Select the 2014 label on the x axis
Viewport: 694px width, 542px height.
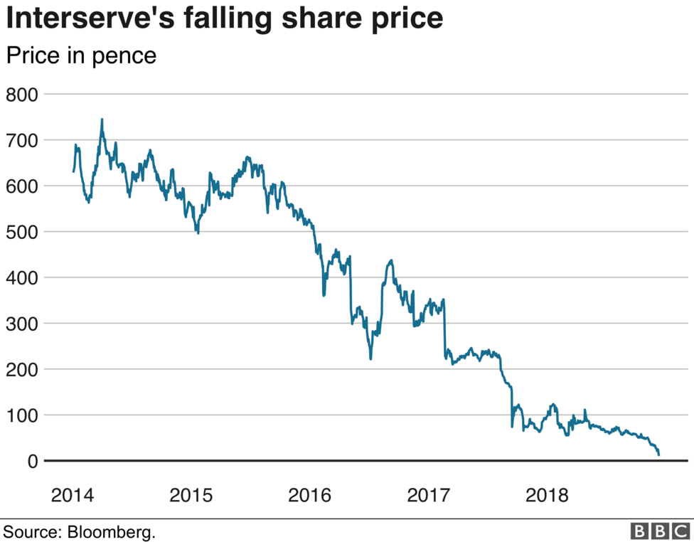click(x=73, y=494)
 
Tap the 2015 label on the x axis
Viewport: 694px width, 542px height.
click(x=191, y=494)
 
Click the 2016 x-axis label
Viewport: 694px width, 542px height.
click(x=310, y=494)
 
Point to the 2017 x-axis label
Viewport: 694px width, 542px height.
click(x=429, y=494)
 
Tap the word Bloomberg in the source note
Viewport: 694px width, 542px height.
click(x=111, y=531)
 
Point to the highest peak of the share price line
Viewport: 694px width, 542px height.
click(x=102, y=119)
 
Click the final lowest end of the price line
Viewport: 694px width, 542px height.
click(x=659, y=455)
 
